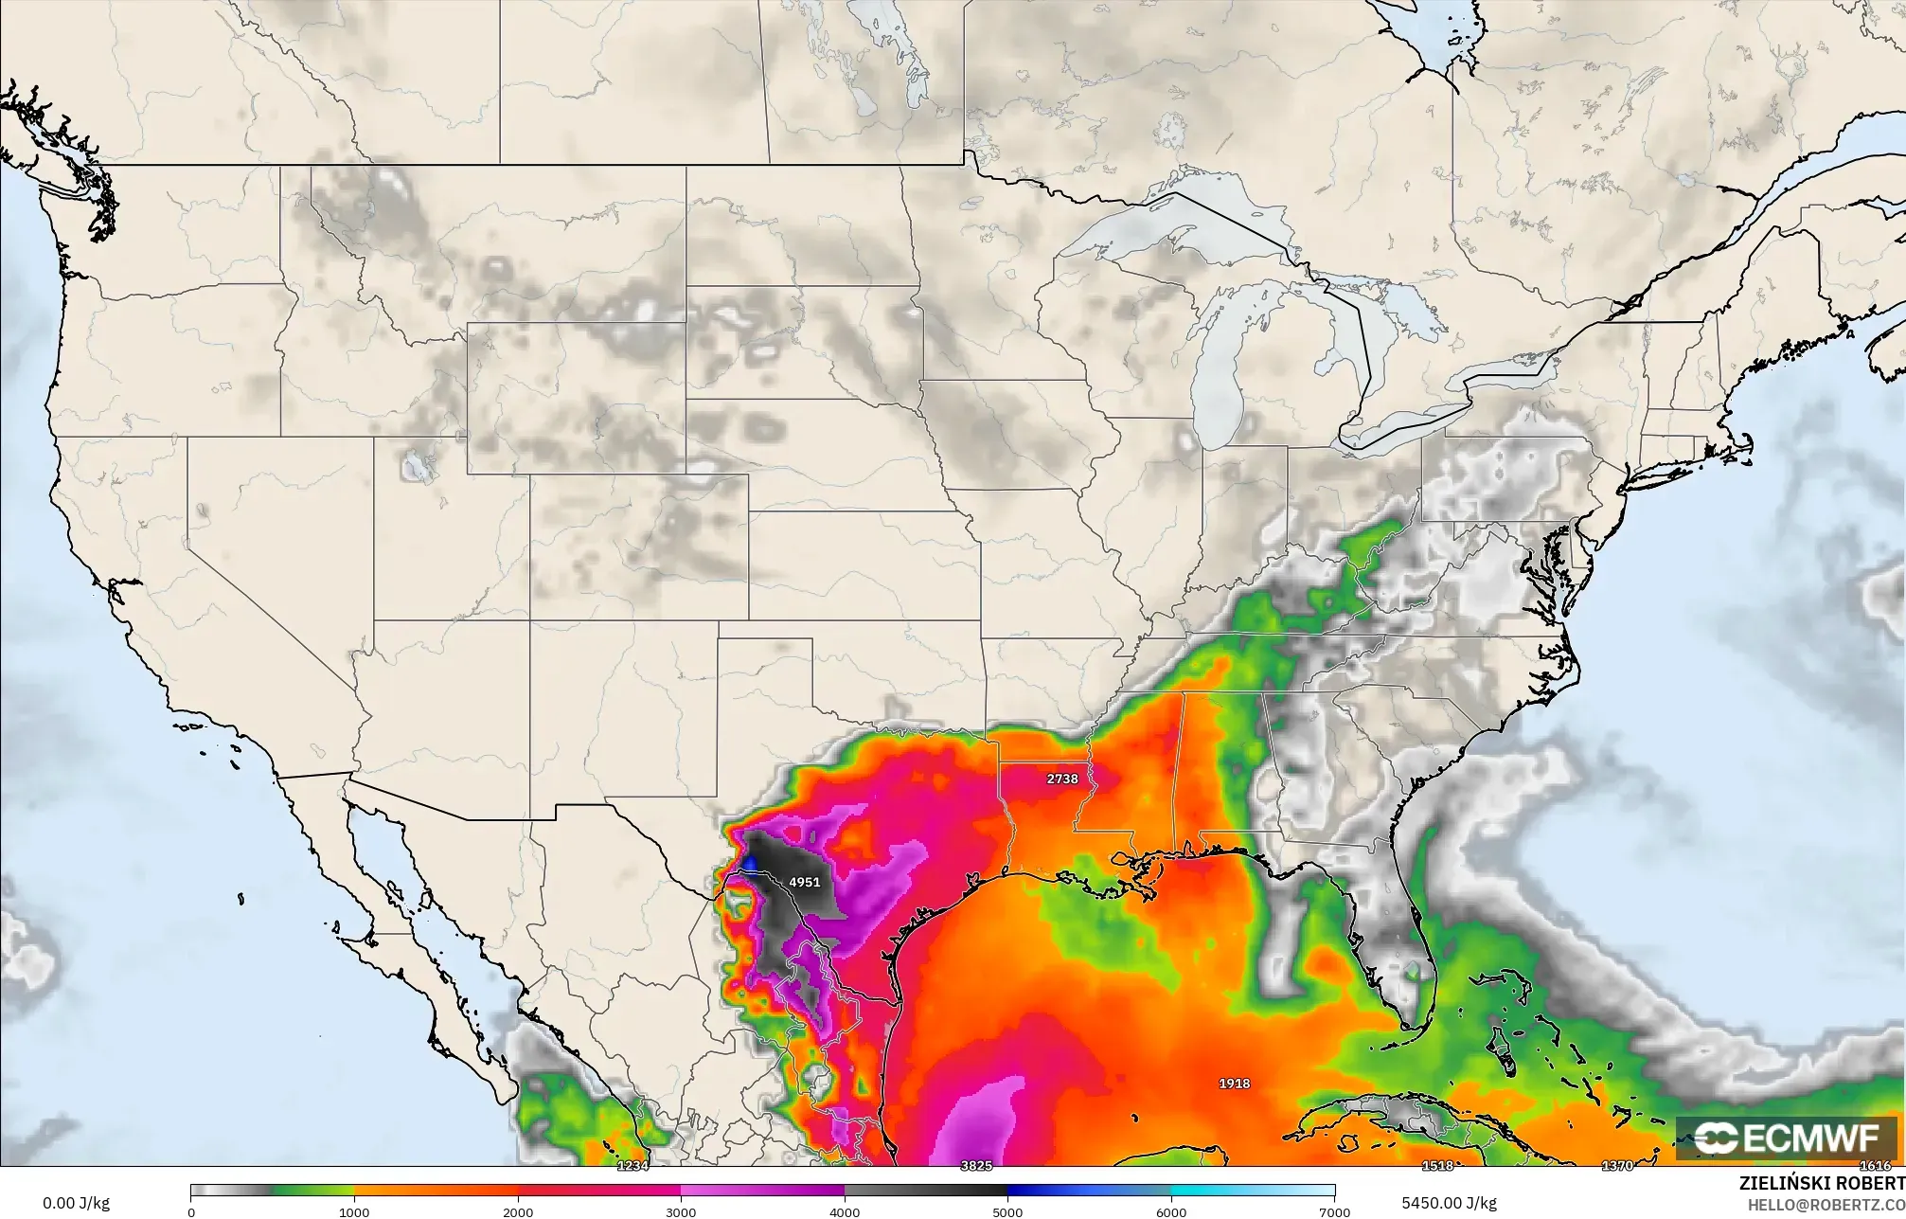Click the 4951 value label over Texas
click(804, 882)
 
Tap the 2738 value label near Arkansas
click(1061, 779)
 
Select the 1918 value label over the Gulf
click(1234, 1083)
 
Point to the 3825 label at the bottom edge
click(976, 1165)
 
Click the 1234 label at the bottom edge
click(632, 1165)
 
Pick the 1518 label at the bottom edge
click(1437, 1165)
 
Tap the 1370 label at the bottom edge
click(1617, 1165)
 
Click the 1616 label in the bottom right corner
click(1875, 1165)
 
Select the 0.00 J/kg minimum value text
click(76, 1203)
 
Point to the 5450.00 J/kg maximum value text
click(1449, 1203)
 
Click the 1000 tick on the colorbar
click(354, 1211)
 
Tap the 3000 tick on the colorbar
click(681, 1211)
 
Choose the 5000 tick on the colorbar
click(1007, 1211)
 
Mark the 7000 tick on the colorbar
click(1334, 1211)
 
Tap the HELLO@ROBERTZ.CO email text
click(1826, 1204)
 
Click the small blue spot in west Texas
click(749, 863)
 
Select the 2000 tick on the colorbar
click(517, 1211)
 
